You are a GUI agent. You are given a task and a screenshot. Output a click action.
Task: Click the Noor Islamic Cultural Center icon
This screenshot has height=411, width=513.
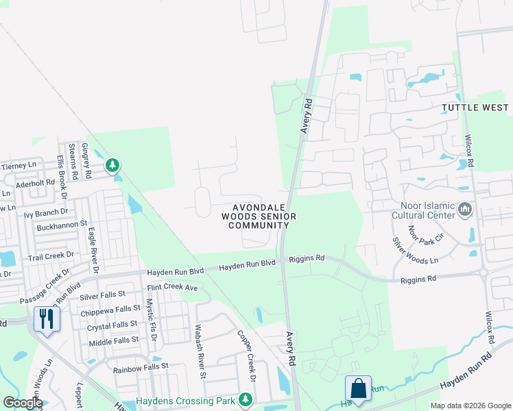465,208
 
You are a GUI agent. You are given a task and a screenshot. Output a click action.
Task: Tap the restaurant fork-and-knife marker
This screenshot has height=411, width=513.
47,319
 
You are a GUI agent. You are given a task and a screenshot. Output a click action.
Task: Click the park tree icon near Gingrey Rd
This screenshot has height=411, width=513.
112,165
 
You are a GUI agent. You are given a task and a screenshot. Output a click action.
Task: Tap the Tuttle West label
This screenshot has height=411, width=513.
475,108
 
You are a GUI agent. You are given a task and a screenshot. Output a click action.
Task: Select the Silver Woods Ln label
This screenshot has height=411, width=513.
414,251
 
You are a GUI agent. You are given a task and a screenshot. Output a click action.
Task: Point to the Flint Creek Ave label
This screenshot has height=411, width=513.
171,288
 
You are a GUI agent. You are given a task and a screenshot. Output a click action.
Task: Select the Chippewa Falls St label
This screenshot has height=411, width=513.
110,310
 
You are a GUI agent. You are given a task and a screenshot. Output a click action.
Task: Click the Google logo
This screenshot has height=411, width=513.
23,403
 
